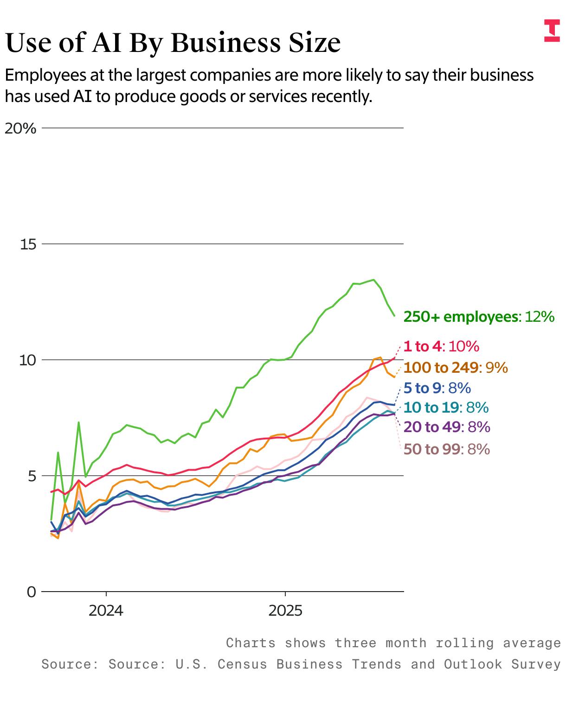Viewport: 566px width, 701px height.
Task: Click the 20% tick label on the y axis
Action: click(x=20, y=128)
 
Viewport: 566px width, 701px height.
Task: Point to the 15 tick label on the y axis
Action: click(x=28, y=244)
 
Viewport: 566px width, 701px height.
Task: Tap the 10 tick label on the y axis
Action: click(x=28, y=360)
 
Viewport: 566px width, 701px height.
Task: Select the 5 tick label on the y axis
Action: click(x=32, y=476)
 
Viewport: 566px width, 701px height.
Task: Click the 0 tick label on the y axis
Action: click(x=32, y=592)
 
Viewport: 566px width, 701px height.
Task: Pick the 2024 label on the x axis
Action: click(x=106, y=610)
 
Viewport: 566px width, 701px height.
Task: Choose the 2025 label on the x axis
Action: click(x=285, y=610)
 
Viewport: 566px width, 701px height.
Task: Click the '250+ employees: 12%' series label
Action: click(x=479, y=317)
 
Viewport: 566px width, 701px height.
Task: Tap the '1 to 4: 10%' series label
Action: click(x=441, y=346)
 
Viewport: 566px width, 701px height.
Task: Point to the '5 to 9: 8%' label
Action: click(x=437, y=388)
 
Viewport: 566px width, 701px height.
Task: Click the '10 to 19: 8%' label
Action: click(x=446, y=408)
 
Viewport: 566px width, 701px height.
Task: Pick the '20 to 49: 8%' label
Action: click(x=447, y=427)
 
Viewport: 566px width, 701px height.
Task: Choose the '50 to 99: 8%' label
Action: click(x=447, y=449)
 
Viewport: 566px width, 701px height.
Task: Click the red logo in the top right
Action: click(x=552, y=31)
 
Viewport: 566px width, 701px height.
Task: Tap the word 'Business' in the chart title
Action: click(x=225, y=43)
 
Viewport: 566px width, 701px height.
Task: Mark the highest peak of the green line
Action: click(x=373, y=280)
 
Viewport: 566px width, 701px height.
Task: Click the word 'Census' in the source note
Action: click(x=242, y=664)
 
